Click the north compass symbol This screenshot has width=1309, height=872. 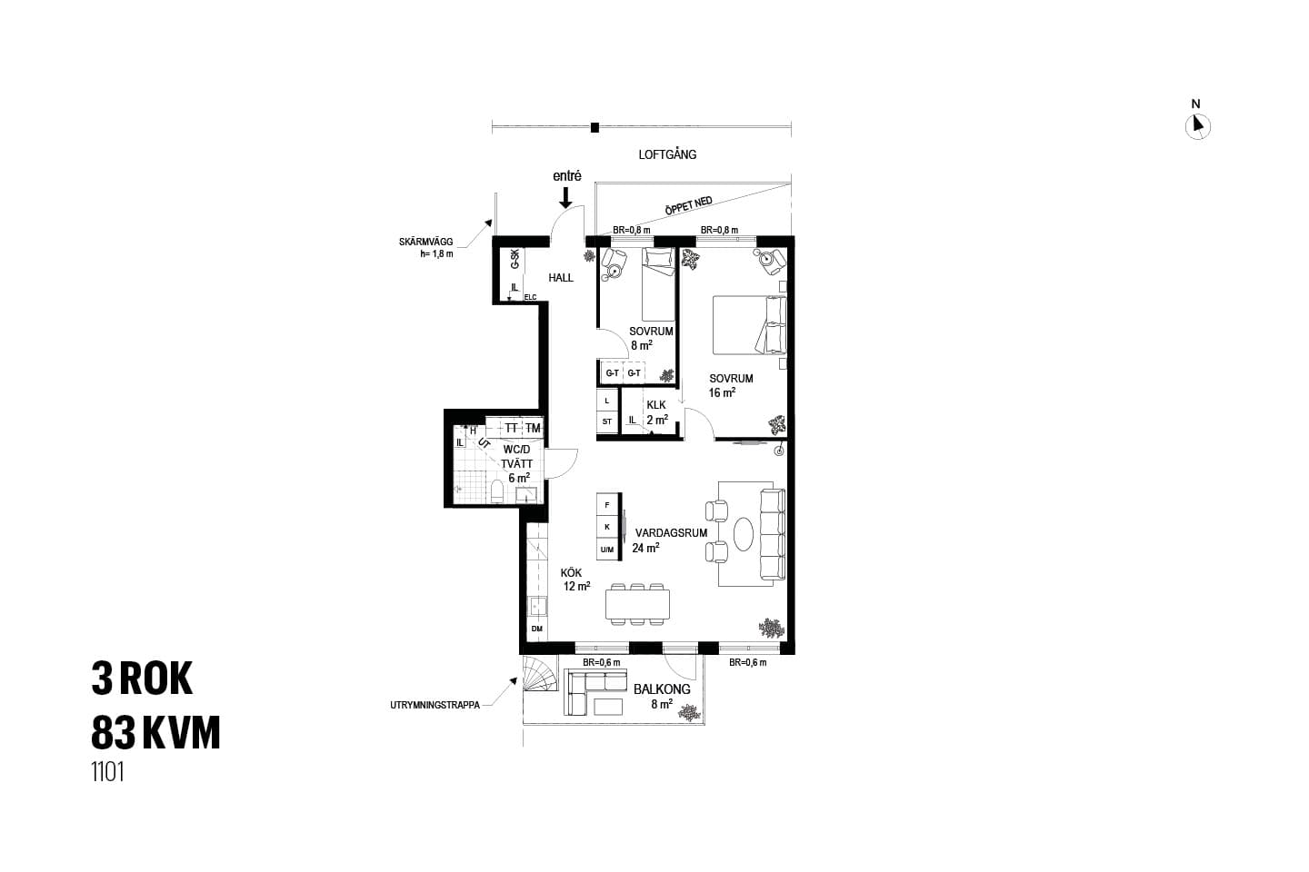1197,127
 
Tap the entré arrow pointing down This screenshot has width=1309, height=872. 565,197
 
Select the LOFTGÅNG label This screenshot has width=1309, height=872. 667,154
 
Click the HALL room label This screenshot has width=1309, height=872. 561,278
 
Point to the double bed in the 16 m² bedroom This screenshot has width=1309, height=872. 749,325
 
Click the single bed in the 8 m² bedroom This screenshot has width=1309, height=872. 658,283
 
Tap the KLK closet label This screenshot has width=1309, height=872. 656,405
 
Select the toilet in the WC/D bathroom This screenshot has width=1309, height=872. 497,491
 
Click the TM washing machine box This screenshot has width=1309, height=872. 533,428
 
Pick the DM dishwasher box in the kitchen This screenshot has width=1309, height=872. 537,629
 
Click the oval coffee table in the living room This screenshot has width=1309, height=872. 744,534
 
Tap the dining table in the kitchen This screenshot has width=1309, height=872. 637,604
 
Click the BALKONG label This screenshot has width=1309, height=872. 662,689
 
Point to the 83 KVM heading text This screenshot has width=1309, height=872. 156,732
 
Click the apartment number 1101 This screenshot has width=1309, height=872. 107,773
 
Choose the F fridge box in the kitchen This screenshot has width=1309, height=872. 607,505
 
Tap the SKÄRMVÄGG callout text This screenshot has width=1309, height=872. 426,242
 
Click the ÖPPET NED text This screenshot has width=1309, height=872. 689,205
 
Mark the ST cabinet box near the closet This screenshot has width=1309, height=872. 607,421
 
